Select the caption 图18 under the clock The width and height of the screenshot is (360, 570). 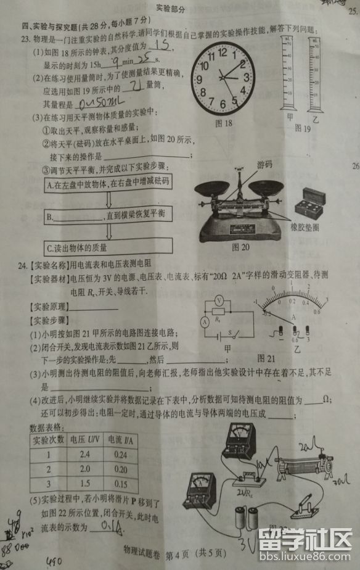pyautogui.click(x=223, y=123)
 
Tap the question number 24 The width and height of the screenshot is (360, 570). pyautogui.click(x=23, y=265)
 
